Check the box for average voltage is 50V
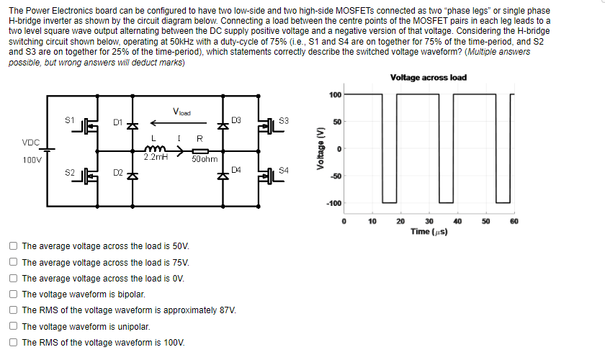[x=14, y=246]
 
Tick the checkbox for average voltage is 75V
[x=14, y=262]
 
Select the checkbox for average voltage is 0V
[x=14, y=278]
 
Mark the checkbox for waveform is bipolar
[x=14, y=294]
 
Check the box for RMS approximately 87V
[x=14, y=310]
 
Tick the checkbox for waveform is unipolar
[x=14, y=326]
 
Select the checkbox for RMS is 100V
[x=14, y=343]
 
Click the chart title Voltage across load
[x=428, y=78]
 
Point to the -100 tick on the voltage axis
[x=335, y=204]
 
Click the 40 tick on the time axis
[x=457, y=220]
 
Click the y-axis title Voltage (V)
[x=321, y=149]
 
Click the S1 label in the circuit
[x=69, y=119]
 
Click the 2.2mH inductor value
[x=156, y=156]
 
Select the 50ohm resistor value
[x=204, y=159]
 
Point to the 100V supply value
[x=32, y=160]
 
